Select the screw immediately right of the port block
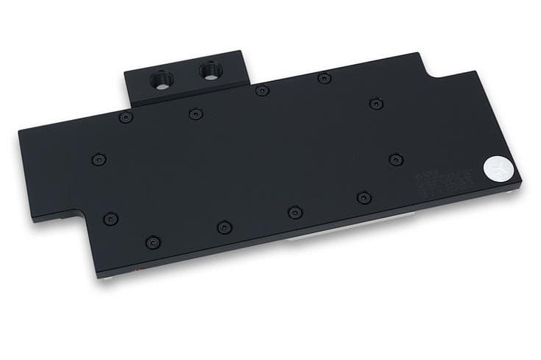[261, 91]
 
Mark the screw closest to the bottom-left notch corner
[110, 218]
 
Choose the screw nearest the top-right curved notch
[377, 103]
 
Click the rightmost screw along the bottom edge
[363, 197]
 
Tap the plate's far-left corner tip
[19, 132]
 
